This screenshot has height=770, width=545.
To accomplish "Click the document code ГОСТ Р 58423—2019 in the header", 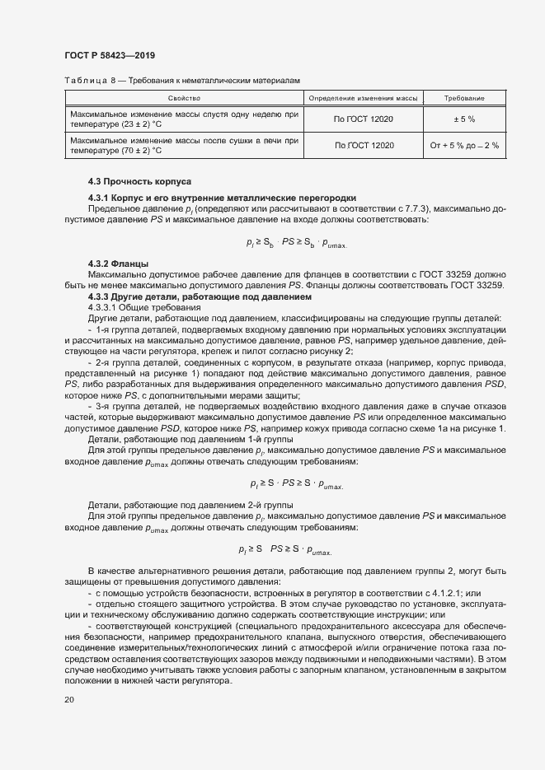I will coord(109,55).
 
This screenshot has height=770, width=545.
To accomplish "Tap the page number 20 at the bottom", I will coord(69,700).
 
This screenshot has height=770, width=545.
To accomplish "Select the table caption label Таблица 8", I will coord(87,80).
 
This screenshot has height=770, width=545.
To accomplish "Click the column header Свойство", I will coord(184,99).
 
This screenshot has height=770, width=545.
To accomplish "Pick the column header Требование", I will coord(464,99).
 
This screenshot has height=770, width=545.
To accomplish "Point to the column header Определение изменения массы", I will coord(364,99).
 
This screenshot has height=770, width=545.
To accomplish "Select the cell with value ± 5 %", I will coord(464,119).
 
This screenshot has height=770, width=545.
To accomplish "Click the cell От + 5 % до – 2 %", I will coord(464,146).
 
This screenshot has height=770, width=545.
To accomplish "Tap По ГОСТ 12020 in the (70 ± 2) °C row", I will coord(364,146).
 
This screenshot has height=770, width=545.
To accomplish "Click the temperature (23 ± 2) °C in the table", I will coord(135,124).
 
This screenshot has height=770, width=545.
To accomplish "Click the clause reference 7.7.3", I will coord(418,208).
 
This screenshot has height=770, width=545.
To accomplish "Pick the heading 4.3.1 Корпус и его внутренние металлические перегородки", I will coord(223,198).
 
